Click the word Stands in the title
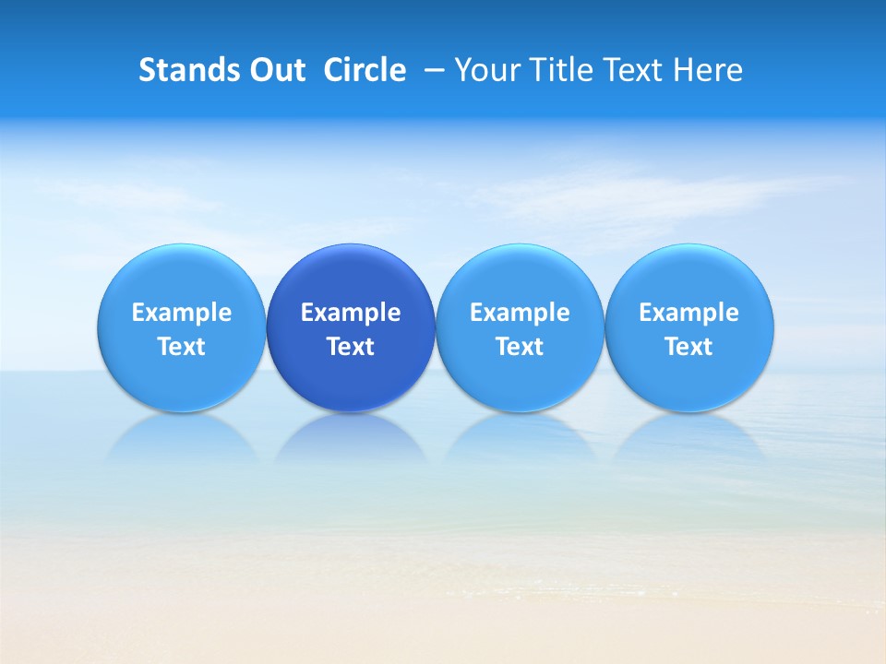tap(183, 70)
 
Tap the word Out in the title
tap(275, 70)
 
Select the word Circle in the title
tap(365, 70)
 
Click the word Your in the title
tap(485, 70)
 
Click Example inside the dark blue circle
tap(351, 313)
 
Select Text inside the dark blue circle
tap(351, 347)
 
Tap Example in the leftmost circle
tap(182, 313)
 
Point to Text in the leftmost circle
tap(182, 347)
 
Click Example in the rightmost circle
tap(688, 313)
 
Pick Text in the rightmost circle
tap(688, 347)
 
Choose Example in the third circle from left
tap(520, 313)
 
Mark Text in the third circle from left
tap(520, 347)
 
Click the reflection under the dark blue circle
tap(351, 438)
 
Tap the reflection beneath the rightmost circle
tap(688, 438)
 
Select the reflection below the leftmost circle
tap(182, 438)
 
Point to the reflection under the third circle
tap(520, 438)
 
